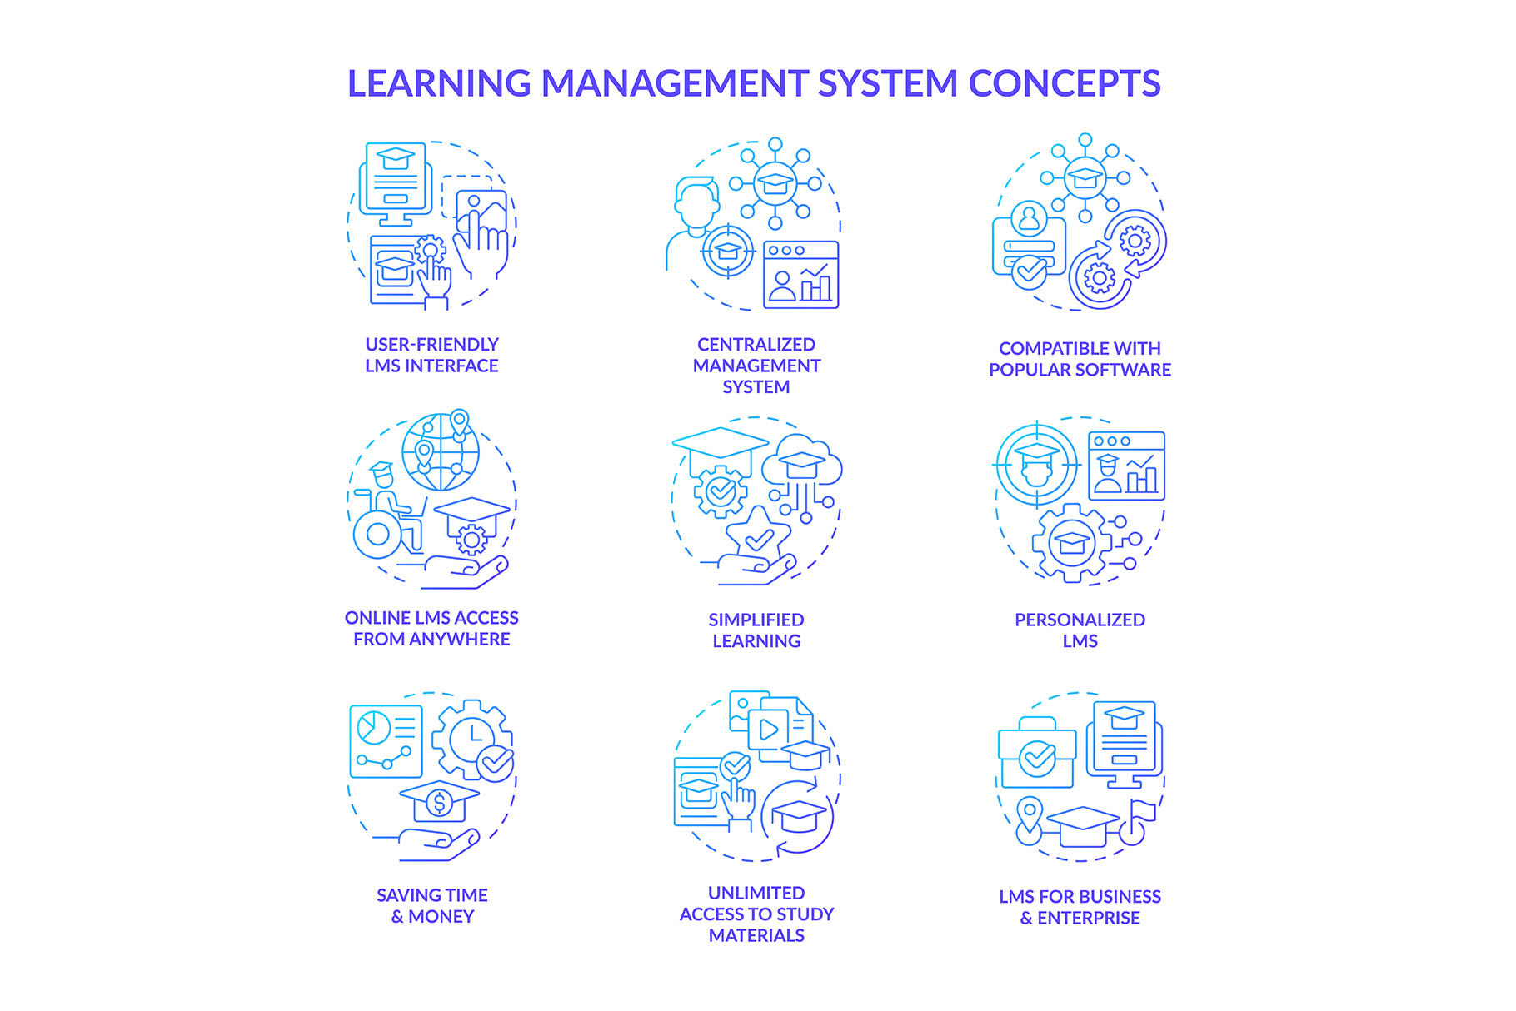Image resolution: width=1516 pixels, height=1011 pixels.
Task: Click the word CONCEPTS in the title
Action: pos(1064,83)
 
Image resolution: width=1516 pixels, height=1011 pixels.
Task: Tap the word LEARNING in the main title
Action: pos(439,83)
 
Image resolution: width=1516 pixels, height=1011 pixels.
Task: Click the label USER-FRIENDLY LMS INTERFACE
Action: pos(431,355)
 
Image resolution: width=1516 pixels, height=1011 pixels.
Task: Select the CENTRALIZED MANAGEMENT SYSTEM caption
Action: pos(756,366)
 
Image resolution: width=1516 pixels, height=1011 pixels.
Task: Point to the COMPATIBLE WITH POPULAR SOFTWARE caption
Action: pos(1080,359)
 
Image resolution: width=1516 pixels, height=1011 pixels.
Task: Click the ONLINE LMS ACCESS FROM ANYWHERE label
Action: pos(431,629)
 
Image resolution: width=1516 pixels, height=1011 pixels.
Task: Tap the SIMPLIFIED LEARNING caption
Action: pos(756,630)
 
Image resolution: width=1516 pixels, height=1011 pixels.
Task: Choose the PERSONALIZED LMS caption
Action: pos(1080,630)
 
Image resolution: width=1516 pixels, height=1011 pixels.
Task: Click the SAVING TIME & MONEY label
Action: pos(432,906)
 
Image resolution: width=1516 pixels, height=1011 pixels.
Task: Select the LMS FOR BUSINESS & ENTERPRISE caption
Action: pos(1080,907)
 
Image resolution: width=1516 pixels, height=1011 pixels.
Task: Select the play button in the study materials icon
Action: pos(768,730)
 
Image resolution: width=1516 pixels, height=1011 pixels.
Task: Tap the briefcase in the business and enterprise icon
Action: pos(1037,753)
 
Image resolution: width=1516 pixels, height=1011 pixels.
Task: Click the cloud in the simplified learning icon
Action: pos(801,461)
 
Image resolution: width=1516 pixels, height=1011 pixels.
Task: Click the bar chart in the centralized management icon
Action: pos(815,283)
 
